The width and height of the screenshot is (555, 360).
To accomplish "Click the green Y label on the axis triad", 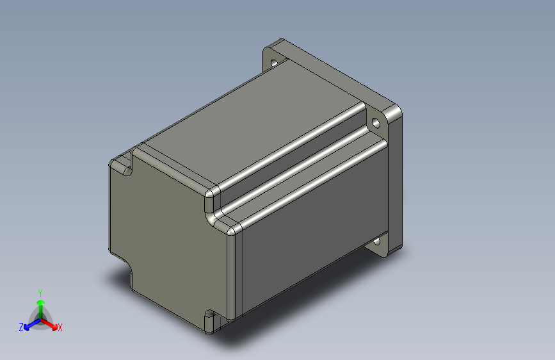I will tap(40, 291).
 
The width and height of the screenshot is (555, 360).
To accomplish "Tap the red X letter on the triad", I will tap(60, 328).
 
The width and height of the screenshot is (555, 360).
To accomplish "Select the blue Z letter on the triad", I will tap(21, 327).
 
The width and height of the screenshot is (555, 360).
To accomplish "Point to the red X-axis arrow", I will tap(51, 323).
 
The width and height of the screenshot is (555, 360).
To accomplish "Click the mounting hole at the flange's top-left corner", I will tap(275, 63).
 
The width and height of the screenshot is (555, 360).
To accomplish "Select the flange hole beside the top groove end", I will tap(375, 121).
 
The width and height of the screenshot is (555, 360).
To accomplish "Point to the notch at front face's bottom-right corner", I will tap(209, 318).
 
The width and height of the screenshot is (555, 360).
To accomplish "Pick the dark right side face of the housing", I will tap(314, 231).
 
